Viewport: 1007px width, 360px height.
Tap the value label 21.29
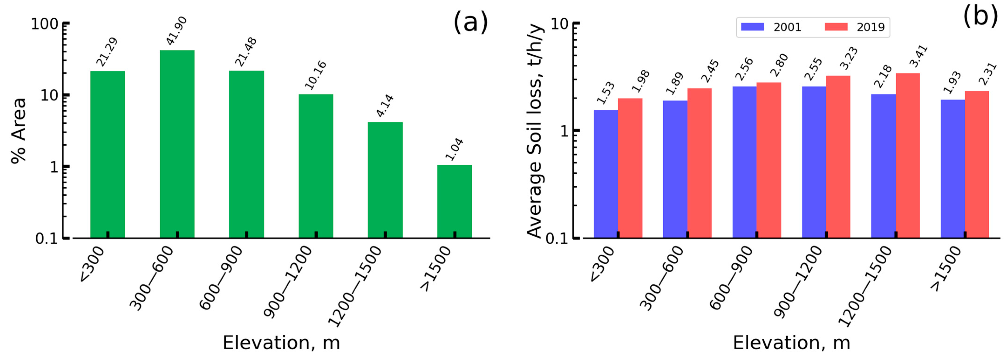(107, 52)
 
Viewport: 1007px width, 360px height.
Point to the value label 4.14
(385, 105)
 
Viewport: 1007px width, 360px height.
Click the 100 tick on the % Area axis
(44, 24)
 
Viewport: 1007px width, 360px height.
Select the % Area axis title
(18, 131)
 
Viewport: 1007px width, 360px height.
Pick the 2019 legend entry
(855, 27)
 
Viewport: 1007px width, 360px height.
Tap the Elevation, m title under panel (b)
(791, 343)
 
